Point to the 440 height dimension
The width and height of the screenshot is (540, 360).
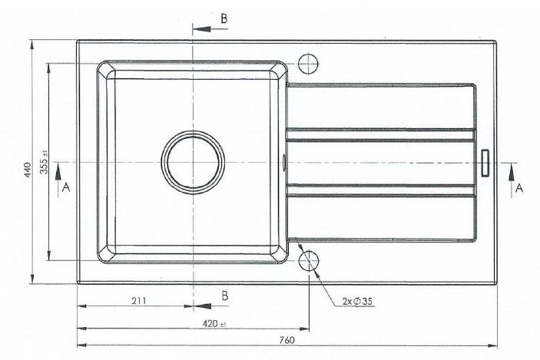click(26, 170)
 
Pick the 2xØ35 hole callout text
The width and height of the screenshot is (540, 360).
click(359, 301)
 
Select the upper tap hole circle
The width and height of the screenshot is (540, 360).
click(309, 62)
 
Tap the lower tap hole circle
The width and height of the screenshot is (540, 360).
click(309, 259)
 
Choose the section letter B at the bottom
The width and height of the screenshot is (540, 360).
click(224, 295)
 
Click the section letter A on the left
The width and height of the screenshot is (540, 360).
click(66, 187)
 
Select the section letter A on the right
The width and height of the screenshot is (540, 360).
click(519, 187)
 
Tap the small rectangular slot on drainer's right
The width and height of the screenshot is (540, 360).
click(485, 163)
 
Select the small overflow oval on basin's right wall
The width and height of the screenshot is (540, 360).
click(286, 162)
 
